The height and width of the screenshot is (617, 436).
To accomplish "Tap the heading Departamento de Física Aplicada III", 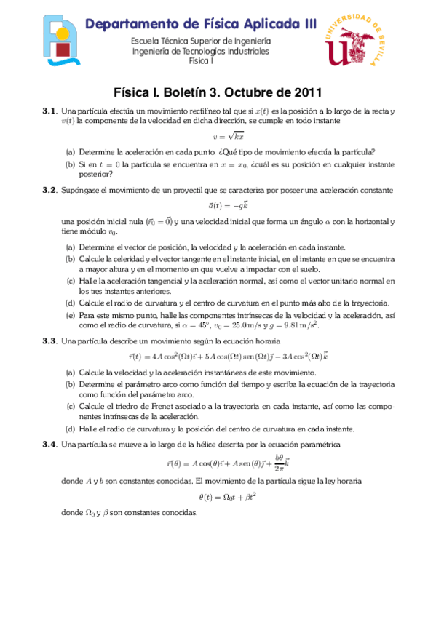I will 201,25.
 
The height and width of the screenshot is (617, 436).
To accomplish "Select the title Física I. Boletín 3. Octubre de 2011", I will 218,92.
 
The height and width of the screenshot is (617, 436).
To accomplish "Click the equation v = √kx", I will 218,135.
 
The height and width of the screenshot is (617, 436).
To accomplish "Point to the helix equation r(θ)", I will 218,463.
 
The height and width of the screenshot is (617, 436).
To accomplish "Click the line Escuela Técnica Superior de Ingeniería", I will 200,41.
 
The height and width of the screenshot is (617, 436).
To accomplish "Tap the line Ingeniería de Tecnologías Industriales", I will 200,51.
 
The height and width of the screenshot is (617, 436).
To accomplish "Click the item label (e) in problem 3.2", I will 70,316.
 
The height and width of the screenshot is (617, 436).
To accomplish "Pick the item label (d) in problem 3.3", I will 70,429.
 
